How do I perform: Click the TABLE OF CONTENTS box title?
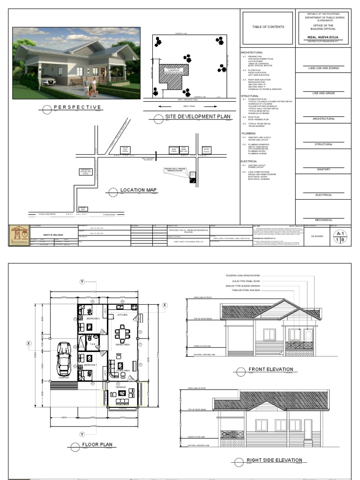(268, 27)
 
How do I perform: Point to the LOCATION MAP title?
(138, 190)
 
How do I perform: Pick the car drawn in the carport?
(64, 359)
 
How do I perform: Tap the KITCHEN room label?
(122, 315)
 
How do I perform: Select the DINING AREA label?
(123, 345)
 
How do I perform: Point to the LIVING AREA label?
(123, 370)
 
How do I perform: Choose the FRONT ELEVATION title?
(270, 369)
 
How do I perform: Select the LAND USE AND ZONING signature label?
(323, 68)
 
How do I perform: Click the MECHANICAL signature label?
(323, 219)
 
